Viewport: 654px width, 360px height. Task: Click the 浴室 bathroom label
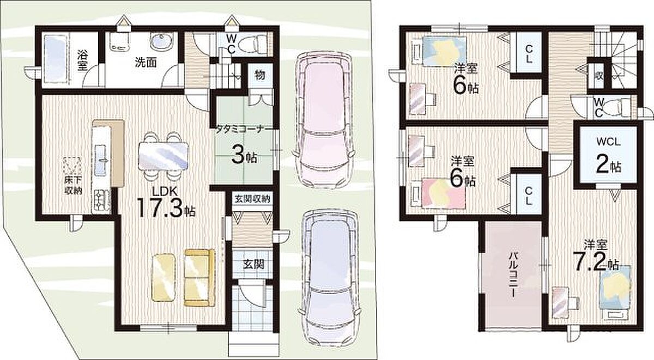pos(82,60)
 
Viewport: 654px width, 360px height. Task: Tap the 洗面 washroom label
pos(146,63)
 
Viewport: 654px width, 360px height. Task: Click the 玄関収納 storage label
pos(252,199)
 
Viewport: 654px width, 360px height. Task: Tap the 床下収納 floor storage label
pos(73,185)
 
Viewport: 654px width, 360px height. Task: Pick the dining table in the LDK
pos(163,156)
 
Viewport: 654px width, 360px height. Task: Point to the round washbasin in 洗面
pos(161,42)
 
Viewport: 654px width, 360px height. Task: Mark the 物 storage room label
pos(260,75)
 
